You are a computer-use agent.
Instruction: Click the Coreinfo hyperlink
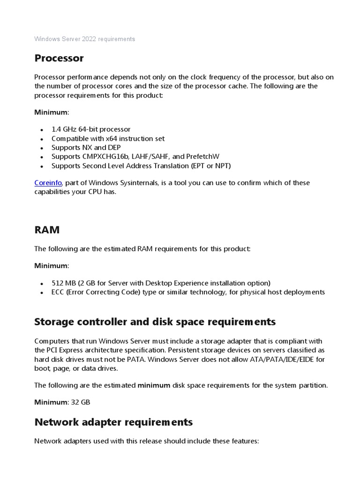(x=48, y=183)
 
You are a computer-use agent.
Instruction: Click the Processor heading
(x=59, y=59)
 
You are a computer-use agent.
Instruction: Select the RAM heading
(x=47, y=230)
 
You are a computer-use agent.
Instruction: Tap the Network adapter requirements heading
(x=113, y=422)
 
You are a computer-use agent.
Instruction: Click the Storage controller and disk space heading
(x=155, y=322)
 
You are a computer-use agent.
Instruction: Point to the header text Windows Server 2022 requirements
(x=84, y=39)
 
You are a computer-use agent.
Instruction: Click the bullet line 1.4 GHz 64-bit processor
(x=91, y=129)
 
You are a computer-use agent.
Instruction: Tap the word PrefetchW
(x=203, y=157)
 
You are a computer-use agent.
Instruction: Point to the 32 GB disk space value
(x=81, y=402)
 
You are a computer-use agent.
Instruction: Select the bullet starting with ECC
(x=187, y=292)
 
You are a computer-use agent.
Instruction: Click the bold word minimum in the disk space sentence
(x=154, y=385)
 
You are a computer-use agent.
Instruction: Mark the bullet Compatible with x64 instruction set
(x=108, y=138)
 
